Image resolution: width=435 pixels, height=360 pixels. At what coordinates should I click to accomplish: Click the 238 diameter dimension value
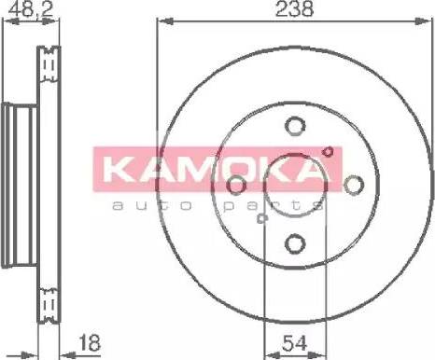(x=294, y=8)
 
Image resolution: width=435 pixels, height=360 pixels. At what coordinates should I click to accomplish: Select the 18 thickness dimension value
(x=90, y=342)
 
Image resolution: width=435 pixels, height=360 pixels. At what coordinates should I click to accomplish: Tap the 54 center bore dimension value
(x=294, y=343)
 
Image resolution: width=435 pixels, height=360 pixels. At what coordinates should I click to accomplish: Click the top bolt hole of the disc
(x=295, y=126)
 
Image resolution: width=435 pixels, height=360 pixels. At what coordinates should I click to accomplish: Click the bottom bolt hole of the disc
(x=295, y=243)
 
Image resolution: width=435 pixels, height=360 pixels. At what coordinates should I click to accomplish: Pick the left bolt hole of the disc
(x=236, y=185)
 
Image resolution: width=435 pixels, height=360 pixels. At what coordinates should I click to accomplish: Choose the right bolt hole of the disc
(x=354, y=185)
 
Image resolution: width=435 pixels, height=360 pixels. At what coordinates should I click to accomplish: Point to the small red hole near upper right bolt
(x=328, y=152)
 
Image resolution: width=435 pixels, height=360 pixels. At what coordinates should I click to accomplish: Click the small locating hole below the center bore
(x=262, y=218)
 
